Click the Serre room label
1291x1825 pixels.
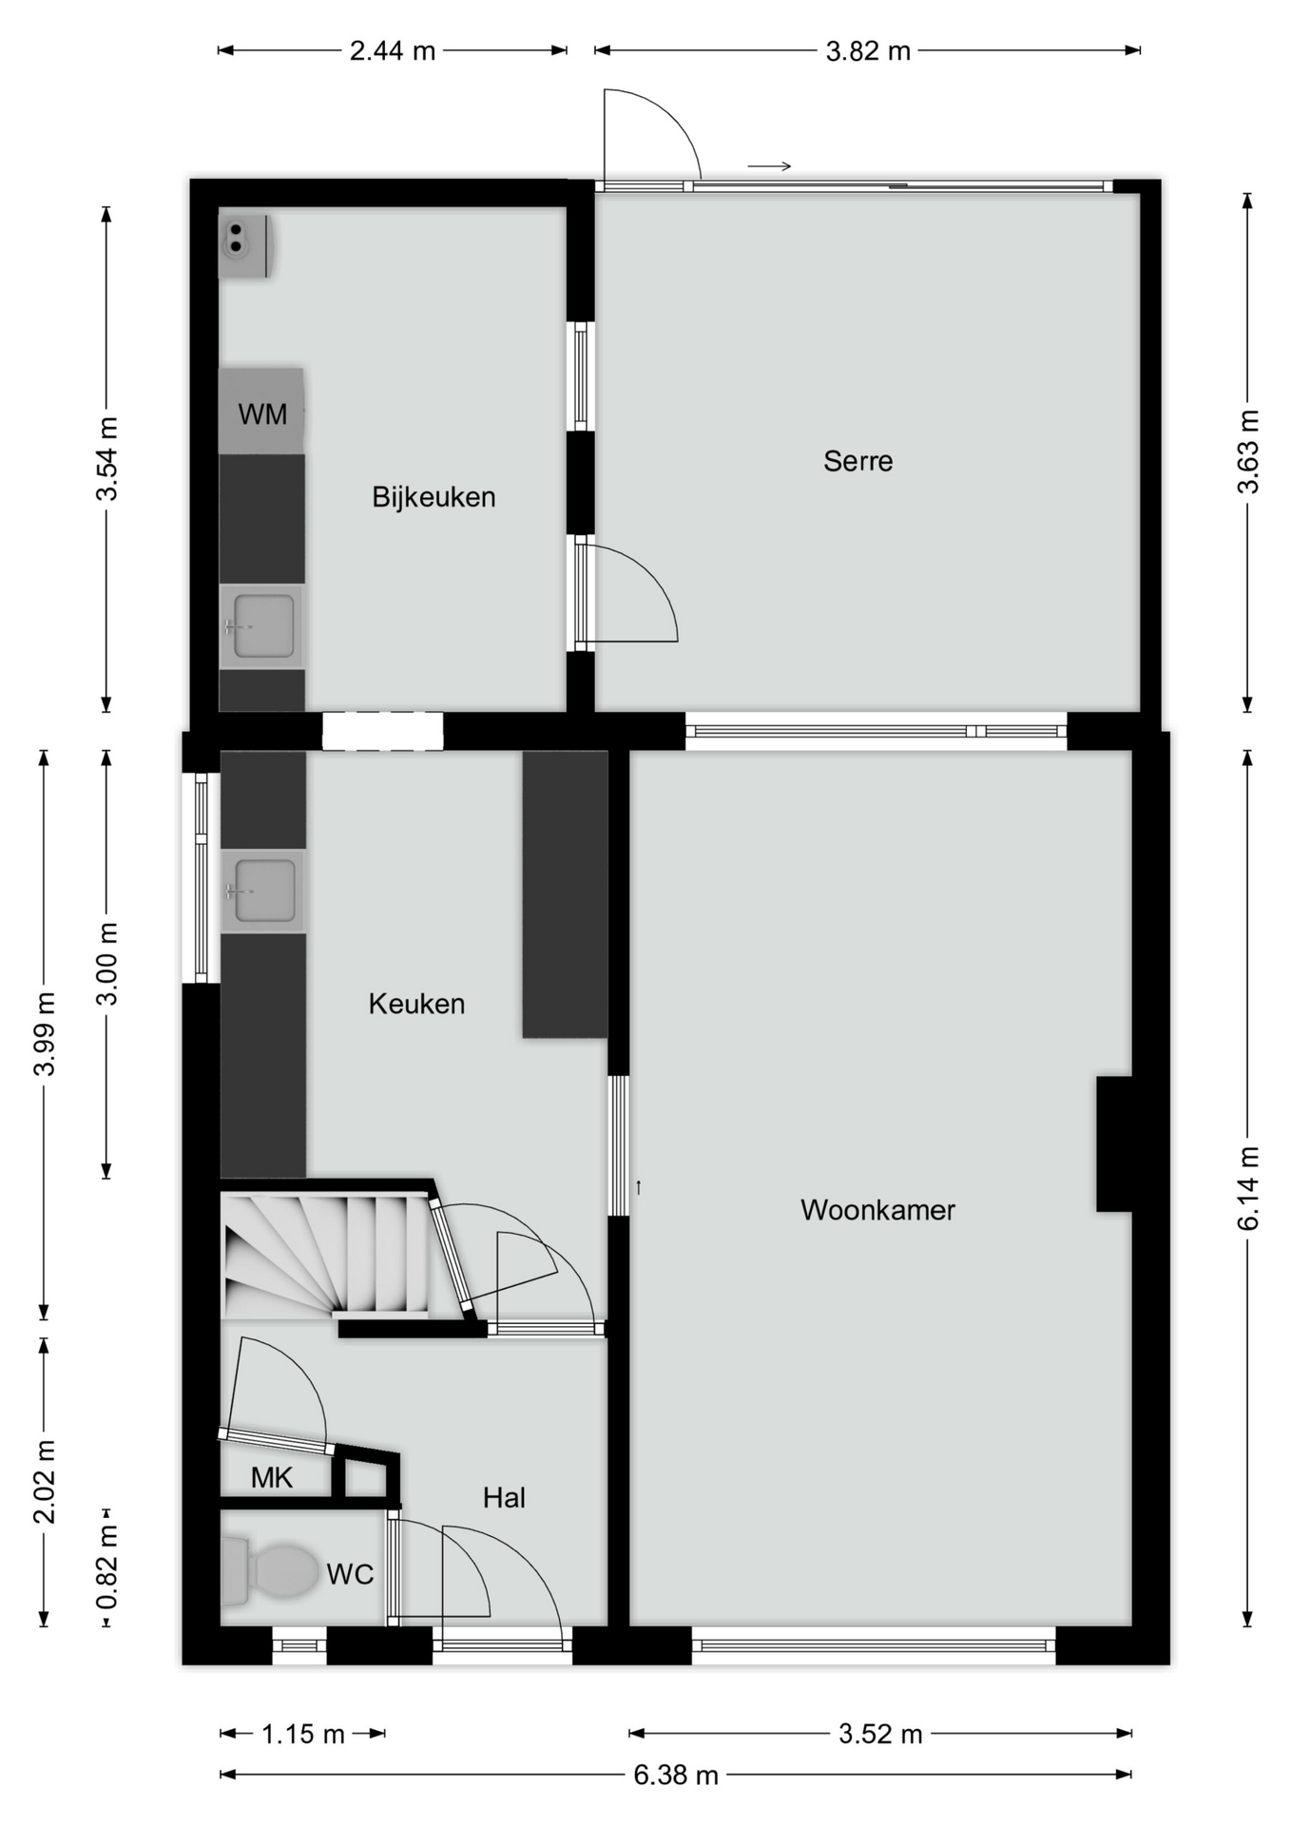pyautogui.click(x=857, y=461)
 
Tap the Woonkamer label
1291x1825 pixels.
pyautogui.click(x=877, y=1209)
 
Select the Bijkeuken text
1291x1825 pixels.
pyautogui.click(x=434, y=496)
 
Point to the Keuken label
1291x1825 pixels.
pyautogui.click(x=416, y=1004)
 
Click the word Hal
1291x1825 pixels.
pyautogui.click(x=504, y=1498)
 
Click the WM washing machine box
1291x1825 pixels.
pyautogui.click(x=261, y=412)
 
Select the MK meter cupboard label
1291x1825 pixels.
pyautogui.click(x=272, y=1477)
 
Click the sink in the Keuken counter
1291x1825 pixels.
pyautogui.click(x=263, y=891)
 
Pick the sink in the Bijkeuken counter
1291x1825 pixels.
pyautogui.click(x=261, y=625)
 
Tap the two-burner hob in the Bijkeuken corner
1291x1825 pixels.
pyautogui.click(x=244, y=245)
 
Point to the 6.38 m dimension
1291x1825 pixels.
pyautogui.click(x=676, y=1775)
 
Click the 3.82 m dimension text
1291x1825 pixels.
pyautogui.click(x=868, y=51)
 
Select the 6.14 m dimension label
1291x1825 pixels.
pyautogui.click(x=1248, y=1187)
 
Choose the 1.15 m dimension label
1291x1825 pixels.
pyautogui.click(x=303, y=1735)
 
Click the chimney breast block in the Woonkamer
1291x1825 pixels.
pyautogui.click(x=1114, y=1143)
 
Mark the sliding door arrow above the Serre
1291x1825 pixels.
pyautogui.click(x=769, y=167)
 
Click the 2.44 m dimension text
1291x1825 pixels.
pyautogui.click(x=393, y=51)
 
